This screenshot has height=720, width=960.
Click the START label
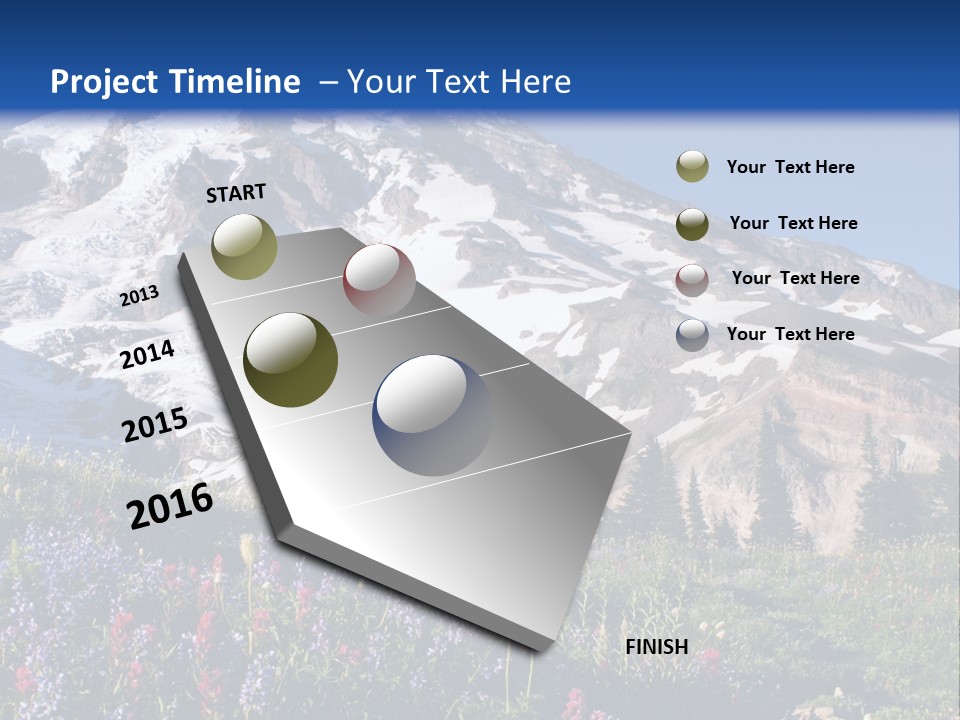tap(236, 193)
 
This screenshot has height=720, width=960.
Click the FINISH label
tap(657, 647)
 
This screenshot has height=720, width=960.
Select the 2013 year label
tap(139, 296)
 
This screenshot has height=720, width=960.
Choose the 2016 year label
tap(170, 505)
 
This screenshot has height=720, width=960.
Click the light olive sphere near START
tap(245, 246)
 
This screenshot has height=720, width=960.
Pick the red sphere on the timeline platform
tap(379, 280)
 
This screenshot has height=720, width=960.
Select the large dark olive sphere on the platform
tap(291, 361)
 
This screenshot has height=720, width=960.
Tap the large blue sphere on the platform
tap(433, 414)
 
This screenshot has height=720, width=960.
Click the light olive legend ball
tap(692, 167)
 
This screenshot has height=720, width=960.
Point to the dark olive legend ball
tap(692, 224)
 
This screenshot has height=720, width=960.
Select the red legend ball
tap(692, 280)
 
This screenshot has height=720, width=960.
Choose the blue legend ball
tap(692, 335)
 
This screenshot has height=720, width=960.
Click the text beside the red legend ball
tap(795, 278)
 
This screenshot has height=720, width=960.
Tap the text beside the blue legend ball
tap(790, 334)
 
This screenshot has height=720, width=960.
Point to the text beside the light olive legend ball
tap(790, 167)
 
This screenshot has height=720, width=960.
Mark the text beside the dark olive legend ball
tap(793, 223)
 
